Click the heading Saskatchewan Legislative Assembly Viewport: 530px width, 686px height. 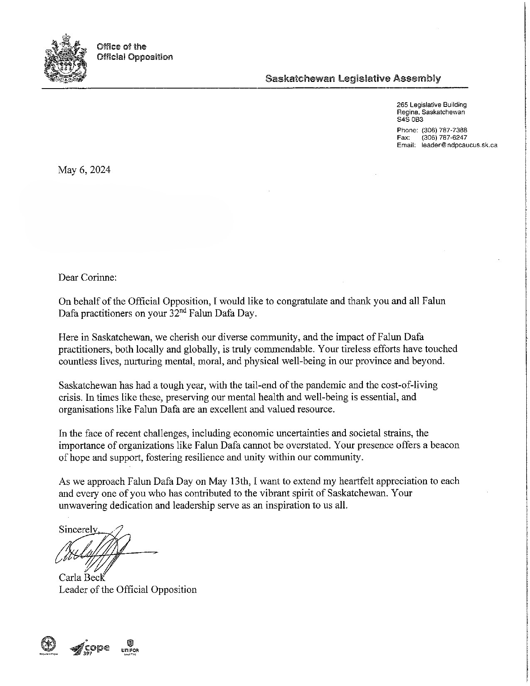[353, 78]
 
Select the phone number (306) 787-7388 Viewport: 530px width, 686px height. [444, 130]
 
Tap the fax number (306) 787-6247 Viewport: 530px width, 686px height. [444, 137]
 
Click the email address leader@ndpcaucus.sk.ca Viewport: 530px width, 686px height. [459, 145]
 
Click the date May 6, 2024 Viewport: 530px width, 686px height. [84, 170]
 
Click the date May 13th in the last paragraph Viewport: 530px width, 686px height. [228, 481]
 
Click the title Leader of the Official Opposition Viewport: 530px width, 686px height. [128, 590]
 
